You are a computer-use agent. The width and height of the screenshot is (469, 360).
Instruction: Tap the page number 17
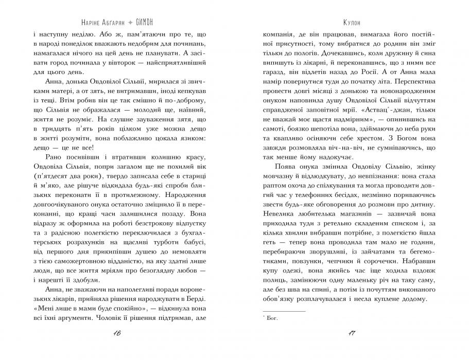[x=352, y=335]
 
